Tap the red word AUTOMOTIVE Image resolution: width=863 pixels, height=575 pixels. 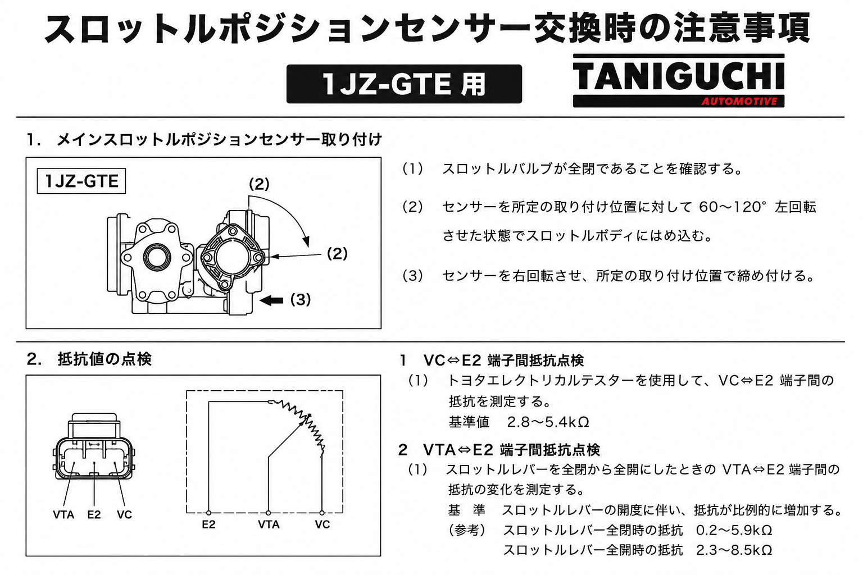click(x=739, y=102)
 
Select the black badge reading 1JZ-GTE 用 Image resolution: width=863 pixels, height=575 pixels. click(x=404, y=84)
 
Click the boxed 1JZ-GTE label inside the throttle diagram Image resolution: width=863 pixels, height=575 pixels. click(x=81, y=181)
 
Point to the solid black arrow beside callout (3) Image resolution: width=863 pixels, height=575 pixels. click(x=271, y=300)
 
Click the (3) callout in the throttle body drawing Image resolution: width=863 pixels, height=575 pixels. click(x=301, y=300)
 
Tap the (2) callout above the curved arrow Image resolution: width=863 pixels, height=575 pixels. click(x=259, y=184)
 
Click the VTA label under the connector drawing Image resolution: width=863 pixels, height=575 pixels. click(x=63, y=514)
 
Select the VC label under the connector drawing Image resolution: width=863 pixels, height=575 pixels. click(x=124, y=514)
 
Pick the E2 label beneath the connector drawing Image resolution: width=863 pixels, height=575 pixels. click(x=94, y=514)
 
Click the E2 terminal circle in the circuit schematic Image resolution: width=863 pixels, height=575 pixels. click(x=208, y=513)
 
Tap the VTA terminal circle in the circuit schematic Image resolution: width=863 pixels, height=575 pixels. click(x=268, y=513)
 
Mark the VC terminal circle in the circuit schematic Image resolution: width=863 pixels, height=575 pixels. click(x=322, y=513)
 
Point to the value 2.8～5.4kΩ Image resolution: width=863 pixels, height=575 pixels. click(x=548, y=422)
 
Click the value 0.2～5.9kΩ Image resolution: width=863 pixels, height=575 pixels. click(x=734, y=530)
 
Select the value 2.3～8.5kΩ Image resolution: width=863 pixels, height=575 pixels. click(x=734, y=550)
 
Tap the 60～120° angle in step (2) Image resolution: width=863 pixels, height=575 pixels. click(x=731, y=207)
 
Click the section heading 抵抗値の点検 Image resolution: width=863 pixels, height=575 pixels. click(x=105, y=359)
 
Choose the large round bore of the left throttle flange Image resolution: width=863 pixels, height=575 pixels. click(x=157, y=257)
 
